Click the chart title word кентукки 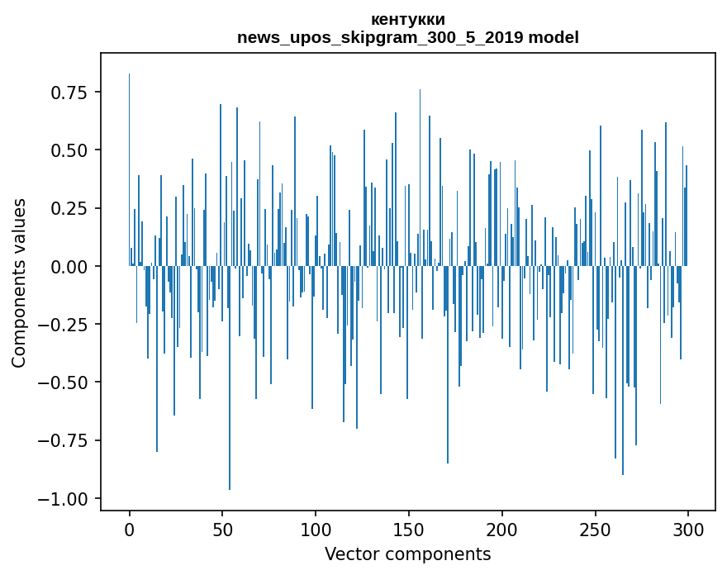click(408, 19)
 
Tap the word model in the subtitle click(554, 38)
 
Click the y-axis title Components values click(18, 283)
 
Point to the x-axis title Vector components click(407, 554)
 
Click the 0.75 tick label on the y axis click(69, 93)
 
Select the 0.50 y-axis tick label click(69, 150)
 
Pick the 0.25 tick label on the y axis click(69, 208)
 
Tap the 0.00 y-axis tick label click(69, 266)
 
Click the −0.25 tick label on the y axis click(64, 325)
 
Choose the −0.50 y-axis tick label click(64, 383)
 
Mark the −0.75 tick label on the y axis click(64, 440)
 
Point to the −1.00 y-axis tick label click(64, 498)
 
